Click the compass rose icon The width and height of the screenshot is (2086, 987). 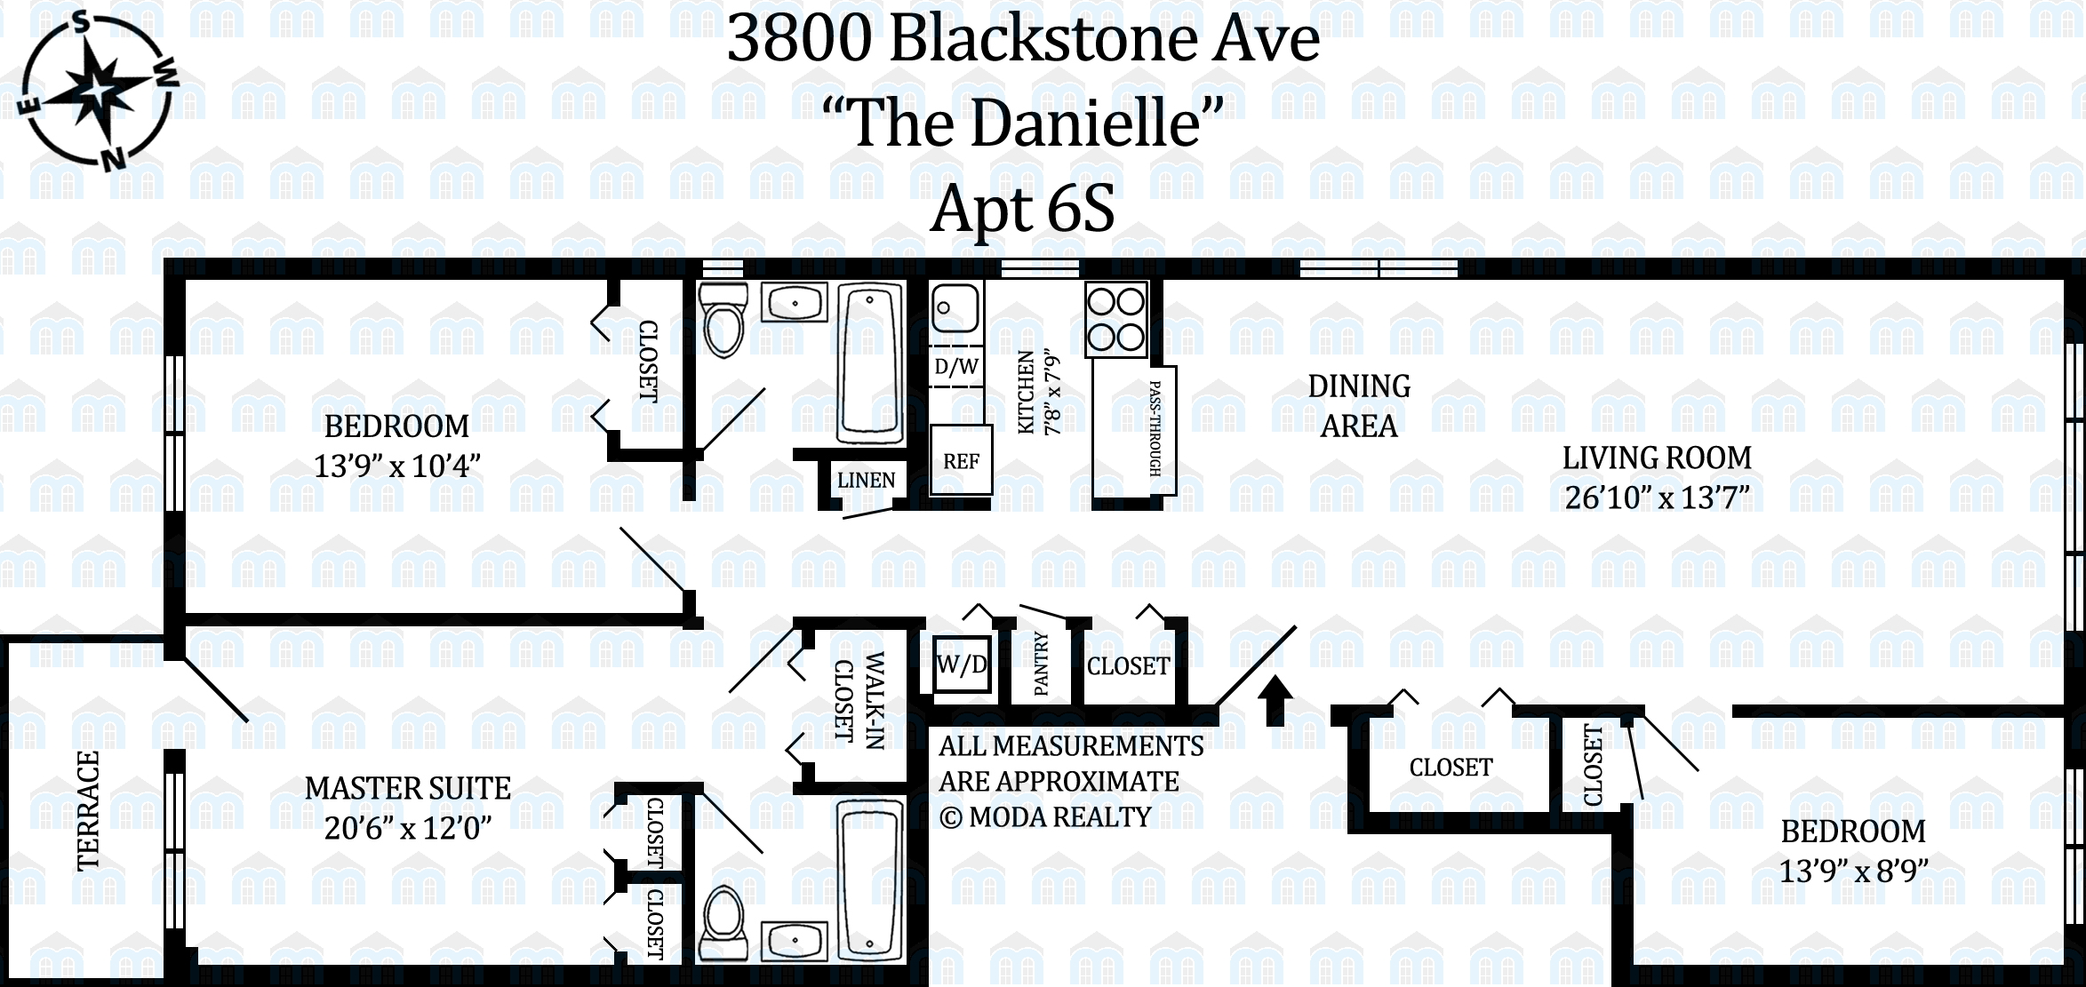pos(97,91)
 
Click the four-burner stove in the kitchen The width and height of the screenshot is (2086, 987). pos(1116,319)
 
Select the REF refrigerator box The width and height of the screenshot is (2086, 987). pos(961,459)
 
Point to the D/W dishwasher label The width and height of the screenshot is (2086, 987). pos(956,366)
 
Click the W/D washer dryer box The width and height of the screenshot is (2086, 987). pos(961,665)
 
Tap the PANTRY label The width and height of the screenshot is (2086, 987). pos(1042,664)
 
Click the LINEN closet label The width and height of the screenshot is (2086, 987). pos(866,481)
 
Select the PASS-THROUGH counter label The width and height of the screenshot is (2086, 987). pos(1155,428)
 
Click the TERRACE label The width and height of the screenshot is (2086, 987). pos(88,811)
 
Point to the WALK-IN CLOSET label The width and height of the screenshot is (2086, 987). pos(859,700)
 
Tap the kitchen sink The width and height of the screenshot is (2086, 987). pos(955,307)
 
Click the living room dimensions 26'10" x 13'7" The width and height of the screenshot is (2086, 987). pos(1657,497)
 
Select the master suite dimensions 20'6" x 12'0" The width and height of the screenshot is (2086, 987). pos(408,828)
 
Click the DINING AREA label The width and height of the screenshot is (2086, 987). pos(1359,406)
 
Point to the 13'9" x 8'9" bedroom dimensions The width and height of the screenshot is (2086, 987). pos(1853,871)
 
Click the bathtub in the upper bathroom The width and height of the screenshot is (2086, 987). pos(871,363)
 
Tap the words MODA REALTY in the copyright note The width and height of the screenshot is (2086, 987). pos(1060,816)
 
